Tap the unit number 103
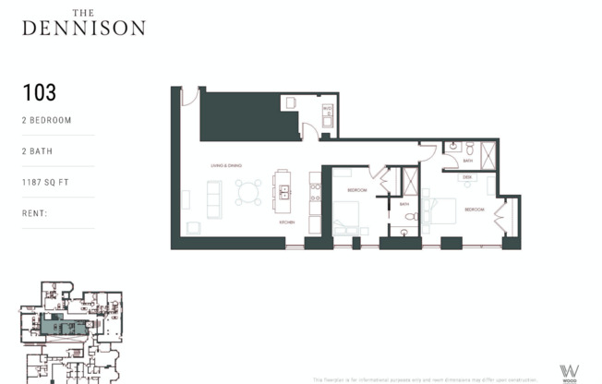click(40, 92)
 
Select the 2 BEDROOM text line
click(46, 120)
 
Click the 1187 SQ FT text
click(47, 182)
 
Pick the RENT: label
click(35, 212)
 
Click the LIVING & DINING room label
click(225, 165)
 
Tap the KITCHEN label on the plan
click(288, 222)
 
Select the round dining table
click(248, 192)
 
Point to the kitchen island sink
click(285, 192)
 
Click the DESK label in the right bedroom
click(467, 176)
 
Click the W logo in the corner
click(570, 370)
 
